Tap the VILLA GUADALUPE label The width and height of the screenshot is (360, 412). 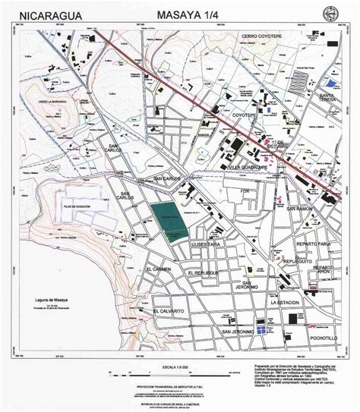[x=249, y=165]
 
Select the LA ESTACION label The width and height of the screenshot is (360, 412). [x=287, y=302]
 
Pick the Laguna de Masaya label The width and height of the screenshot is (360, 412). [x=48, y=301]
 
